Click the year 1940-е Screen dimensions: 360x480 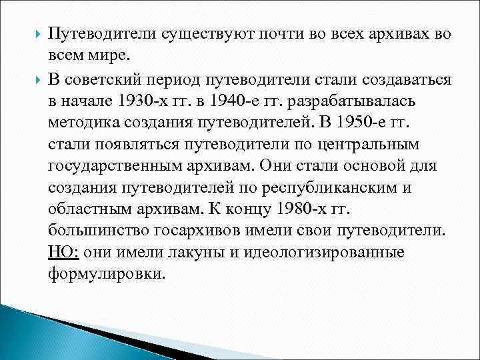click(x=228, y=99)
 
